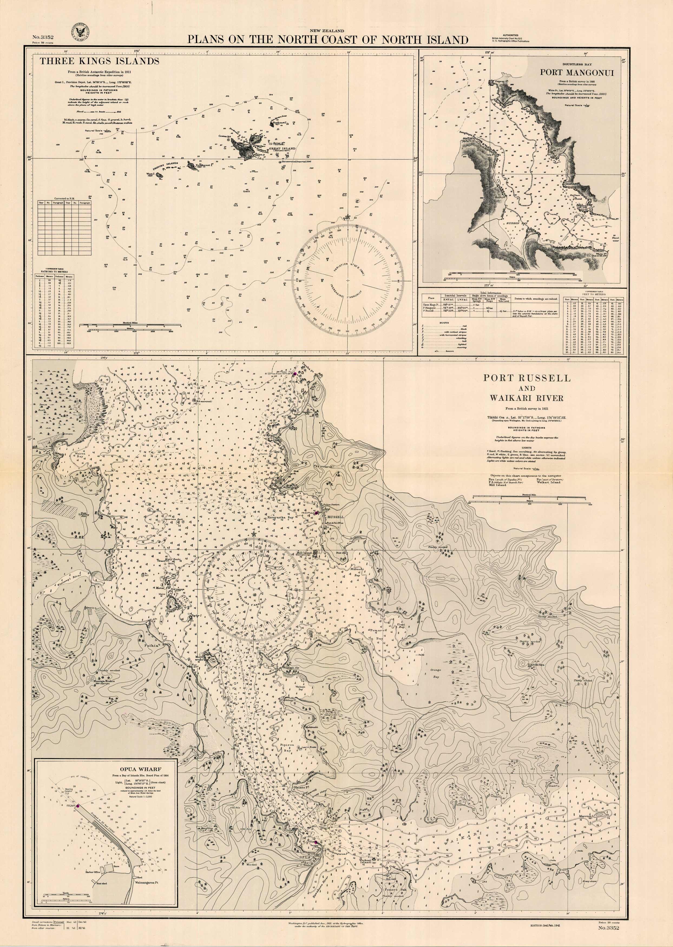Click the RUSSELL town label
click(336, 517)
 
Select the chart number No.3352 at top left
click(43, 38)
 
